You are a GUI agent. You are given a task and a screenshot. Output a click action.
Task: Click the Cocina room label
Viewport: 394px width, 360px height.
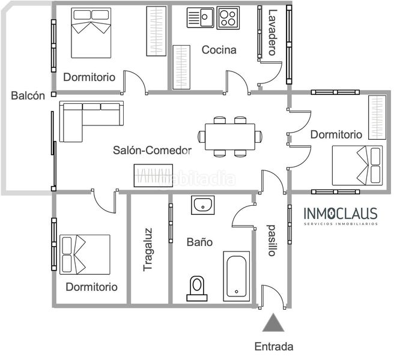(219, 50)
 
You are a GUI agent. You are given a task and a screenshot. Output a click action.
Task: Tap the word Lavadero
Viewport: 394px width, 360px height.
(273, 32)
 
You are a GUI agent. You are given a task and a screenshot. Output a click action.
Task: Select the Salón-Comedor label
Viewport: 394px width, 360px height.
(153, 150)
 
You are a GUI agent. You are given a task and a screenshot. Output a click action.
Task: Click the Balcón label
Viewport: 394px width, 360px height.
(28, 95)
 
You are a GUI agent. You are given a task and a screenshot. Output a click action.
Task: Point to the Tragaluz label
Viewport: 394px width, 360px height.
(148, 250)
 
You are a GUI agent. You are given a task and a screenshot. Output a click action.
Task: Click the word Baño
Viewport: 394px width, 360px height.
(200, 242)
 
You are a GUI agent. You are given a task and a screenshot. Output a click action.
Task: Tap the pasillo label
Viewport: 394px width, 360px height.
(272, 240)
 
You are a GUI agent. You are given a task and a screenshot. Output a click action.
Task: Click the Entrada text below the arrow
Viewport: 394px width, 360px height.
(274, 347)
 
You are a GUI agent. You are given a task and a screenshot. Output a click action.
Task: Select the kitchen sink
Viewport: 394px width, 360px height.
(201, 17)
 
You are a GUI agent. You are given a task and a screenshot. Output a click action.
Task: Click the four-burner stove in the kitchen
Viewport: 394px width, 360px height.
(228, 18)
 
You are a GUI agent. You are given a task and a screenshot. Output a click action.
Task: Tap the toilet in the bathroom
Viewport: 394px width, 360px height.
(197, 289)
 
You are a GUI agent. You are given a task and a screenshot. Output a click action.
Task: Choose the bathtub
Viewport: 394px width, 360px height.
(237, 276)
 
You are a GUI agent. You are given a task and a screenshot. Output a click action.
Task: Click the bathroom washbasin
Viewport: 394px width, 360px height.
(203, 205)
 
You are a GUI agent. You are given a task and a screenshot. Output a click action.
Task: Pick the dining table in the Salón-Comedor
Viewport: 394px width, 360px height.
(230, 137)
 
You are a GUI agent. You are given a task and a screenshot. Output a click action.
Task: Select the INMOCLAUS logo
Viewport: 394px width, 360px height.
(341, 216)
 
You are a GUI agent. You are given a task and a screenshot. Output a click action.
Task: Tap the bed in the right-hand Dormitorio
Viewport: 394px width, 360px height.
(357, 166)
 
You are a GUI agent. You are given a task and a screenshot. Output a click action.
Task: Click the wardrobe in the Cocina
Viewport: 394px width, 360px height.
(181, 67)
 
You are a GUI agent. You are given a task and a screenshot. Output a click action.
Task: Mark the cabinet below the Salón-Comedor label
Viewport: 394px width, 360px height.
(153, 175)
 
